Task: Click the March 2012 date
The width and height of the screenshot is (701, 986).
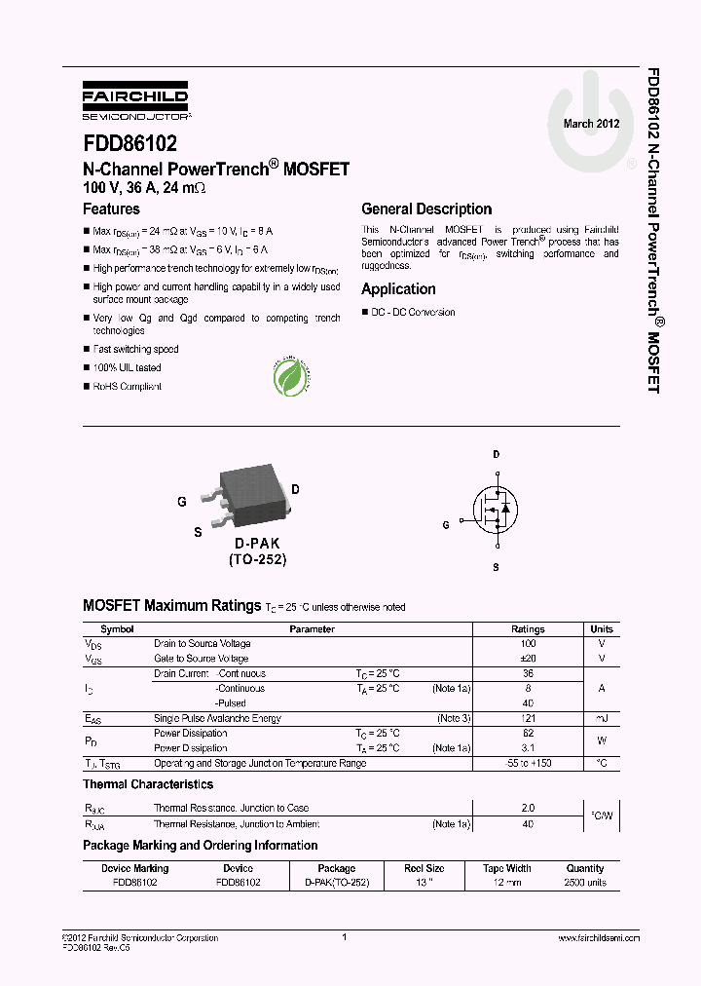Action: click(x=591, y=124)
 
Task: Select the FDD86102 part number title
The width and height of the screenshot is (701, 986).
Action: click(x=129, y=144)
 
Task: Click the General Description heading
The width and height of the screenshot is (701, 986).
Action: click(x=426, y=209)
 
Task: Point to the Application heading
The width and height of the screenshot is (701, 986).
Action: click(x=398, y=288)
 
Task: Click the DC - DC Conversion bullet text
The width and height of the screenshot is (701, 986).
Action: click(x=413, y=312)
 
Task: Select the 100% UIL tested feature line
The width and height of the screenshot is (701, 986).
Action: click(x=128, y=367)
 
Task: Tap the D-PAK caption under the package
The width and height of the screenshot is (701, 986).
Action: click(x=257, y=543)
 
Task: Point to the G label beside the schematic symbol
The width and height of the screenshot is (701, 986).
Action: click(x=446, y=524)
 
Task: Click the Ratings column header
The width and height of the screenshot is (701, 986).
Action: click(x=528, y=629)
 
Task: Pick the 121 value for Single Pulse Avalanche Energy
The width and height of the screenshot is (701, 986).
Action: click(x=528, y=718)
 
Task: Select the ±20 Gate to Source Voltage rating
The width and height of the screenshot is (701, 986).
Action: click(x=528, y=659)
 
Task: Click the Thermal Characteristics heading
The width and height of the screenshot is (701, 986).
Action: click(x=148, y=784)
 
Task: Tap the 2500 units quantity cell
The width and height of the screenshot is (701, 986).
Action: click(x=584, y=883)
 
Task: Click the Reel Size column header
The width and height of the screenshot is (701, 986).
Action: click(x=424, y=868)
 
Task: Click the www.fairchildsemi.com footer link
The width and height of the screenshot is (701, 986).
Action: click(x=599, y=937)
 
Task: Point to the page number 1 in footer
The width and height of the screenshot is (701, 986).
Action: click(x=345, y=937)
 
